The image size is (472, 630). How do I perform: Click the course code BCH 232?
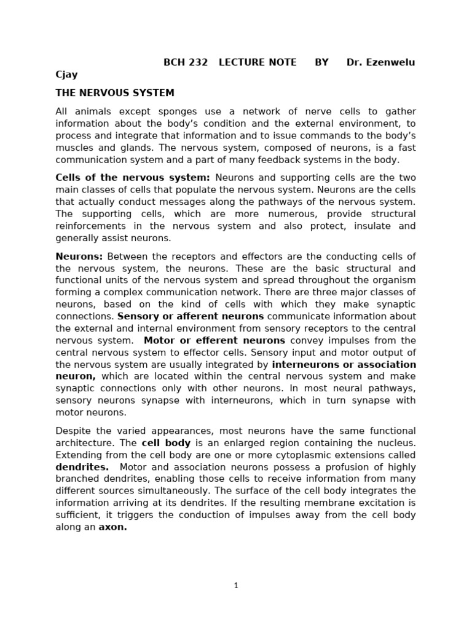point(185,63)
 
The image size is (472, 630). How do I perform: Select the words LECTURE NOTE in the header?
point(258,63)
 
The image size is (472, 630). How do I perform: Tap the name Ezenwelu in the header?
point(393,63)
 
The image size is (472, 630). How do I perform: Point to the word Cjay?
point(67,75)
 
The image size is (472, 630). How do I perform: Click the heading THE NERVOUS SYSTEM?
point(115,93)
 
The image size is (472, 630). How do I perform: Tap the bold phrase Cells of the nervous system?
point(133,178)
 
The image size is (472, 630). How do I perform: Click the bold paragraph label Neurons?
point(79,257)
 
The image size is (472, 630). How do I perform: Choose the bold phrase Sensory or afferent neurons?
point(191,316)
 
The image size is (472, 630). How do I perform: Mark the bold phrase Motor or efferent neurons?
point(214,340)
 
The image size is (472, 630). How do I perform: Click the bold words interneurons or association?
point(344,364)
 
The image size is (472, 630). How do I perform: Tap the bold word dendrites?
point(82,467)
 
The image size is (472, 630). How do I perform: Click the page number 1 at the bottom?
point(236,586)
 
